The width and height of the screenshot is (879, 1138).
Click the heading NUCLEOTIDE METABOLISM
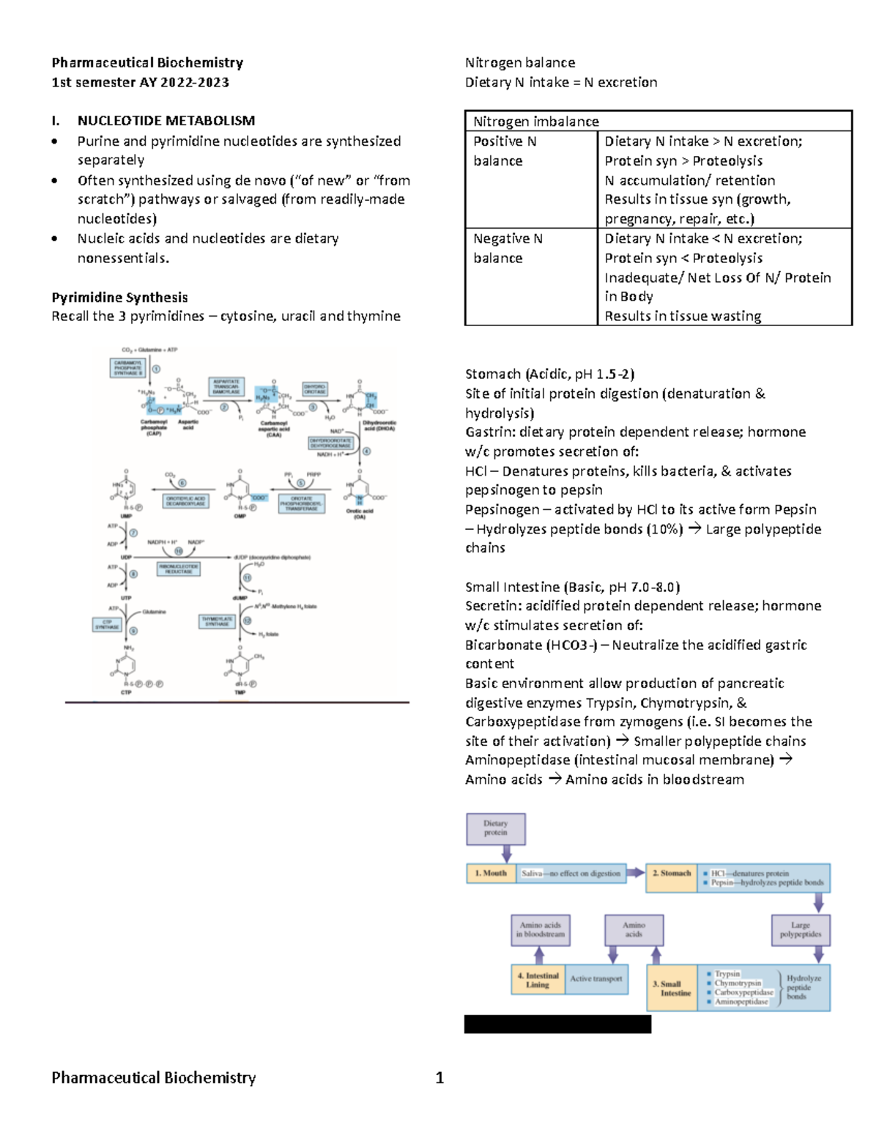(x=166, y=121)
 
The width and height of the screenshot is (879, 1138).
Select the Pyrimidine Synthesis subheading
(x=119, y=298)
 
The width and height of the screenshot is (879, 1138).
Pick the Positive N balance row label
(x=505, y=151)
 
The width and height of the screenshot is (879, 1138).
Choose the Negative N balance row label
(x=508, y=248)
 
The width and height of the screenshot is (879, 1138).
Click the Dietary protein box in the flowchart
(x=496, y=828)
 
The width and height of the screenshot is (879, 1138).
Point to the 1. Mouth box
(x=491, y=873)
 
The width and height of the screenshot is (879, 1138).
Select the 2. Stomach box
(x=671, y=877)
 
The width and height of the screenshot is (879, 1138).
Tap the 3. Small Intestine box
(x=672, y=989)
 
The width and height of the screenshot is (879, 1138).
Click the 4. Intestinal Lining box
(x=538, y=980)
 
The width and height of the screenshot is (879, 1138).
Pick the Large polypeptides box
(x=801, y=930)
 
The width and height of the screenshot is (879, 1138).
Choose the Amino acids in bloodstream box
(x=540, y=930)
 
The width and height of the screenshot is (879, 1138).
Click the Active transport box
(x=596, y=980)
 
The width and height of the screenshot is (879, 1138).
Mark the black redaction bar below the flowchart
(x=557, y=1024)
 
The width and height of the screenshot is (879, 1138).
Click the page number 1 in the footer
(x=439, y=1078)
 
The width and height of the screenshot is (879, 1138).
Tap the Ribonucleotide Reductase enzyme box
(x=179, y=569)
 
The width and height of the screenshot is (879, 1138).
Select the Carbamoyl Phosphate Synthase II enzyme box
(x=127, y=368)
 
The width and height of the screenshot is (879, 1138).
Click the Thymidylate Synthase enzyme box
(x=217, y=621)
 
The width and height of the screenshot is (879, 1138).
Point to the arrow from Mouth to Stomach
(x=636, y=873)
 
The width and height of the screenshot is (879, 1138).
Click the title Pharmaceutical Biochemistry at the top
(x=147, y=63)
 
